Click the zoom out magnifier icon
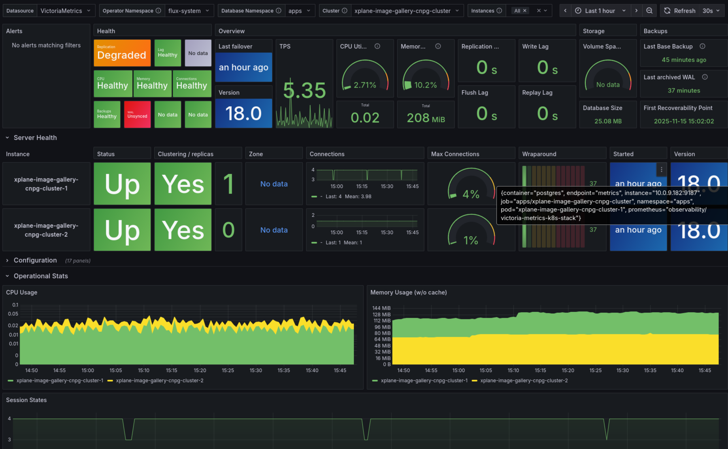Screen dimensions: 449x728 [x=649, y=11]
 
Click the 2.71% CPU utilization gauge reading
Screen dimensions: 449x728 [x=365, y=85]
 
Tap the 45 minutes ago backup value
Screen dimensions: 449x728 [x=684, y=60]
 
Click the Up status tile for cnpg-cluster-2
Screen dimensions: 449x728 [x=122, y=230]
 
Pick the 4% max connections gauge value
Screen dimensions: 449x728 [x=471, y=194]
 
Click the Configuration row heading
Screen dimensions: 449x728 [x=35, y=260]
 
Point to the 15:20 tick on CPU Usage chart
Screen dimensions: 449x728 [x=200, y=370]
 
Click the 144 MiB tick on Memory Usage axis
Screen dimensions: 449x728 [x=381, y=308]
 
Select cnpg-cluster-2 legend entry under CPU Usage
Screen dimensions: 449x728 [x=159, y=380]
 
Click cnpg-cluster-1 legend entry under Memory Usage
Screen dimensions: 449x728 [x=424, y=380]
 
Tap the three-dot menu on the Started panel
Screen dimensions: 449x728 [x=661, y=169]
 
